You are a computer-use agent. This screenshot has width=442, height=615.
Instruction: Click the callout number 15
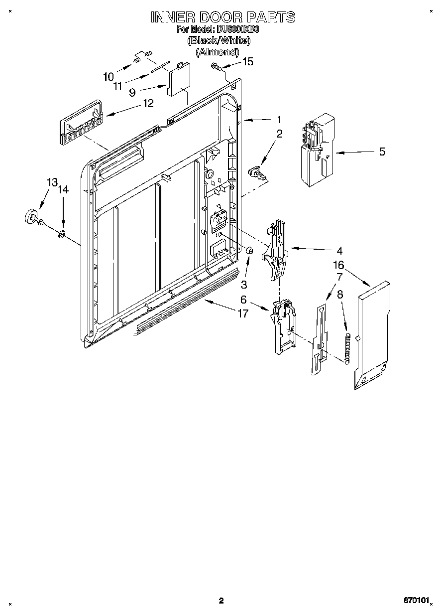247,61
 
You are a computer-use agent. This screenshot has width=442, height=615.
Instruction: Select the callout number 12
148,103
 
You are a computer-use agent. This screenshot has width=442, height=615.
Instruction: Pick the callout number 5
382,152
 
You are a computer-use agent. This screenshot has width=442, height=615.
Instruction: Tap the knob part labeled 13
32,217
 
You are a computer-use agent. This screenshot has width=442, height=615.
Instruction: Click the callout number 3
244,284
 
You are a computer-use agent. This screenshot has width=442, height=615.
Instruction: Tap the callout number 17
243,314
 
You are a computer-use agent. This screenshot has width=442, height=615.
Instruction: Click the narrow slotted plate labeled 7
319,339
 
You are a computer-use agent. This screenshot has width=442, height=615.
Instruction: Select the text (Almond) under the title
217,51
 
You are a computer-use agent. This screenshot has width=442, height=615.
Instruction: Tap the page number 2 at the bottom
221,601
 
